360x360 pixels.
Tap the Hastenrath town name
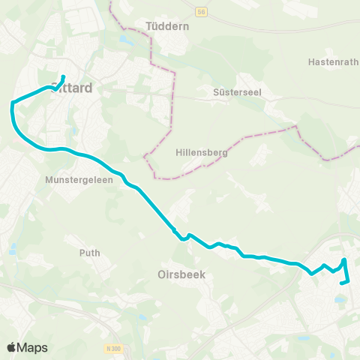point(329,62)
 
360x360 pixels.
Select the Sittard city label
point(73,88)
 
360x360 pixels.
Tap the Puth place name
point(90,253)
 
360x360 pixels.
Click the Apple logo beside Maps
point(12,347)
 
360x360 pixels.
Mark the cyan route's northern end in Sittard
point(63,76)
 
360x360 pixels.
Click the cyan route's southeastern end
point(341,283)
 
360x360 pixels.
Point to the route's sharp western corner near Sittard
point(12,106)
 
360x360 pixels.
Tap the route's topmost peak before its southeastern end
point(344,259)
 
